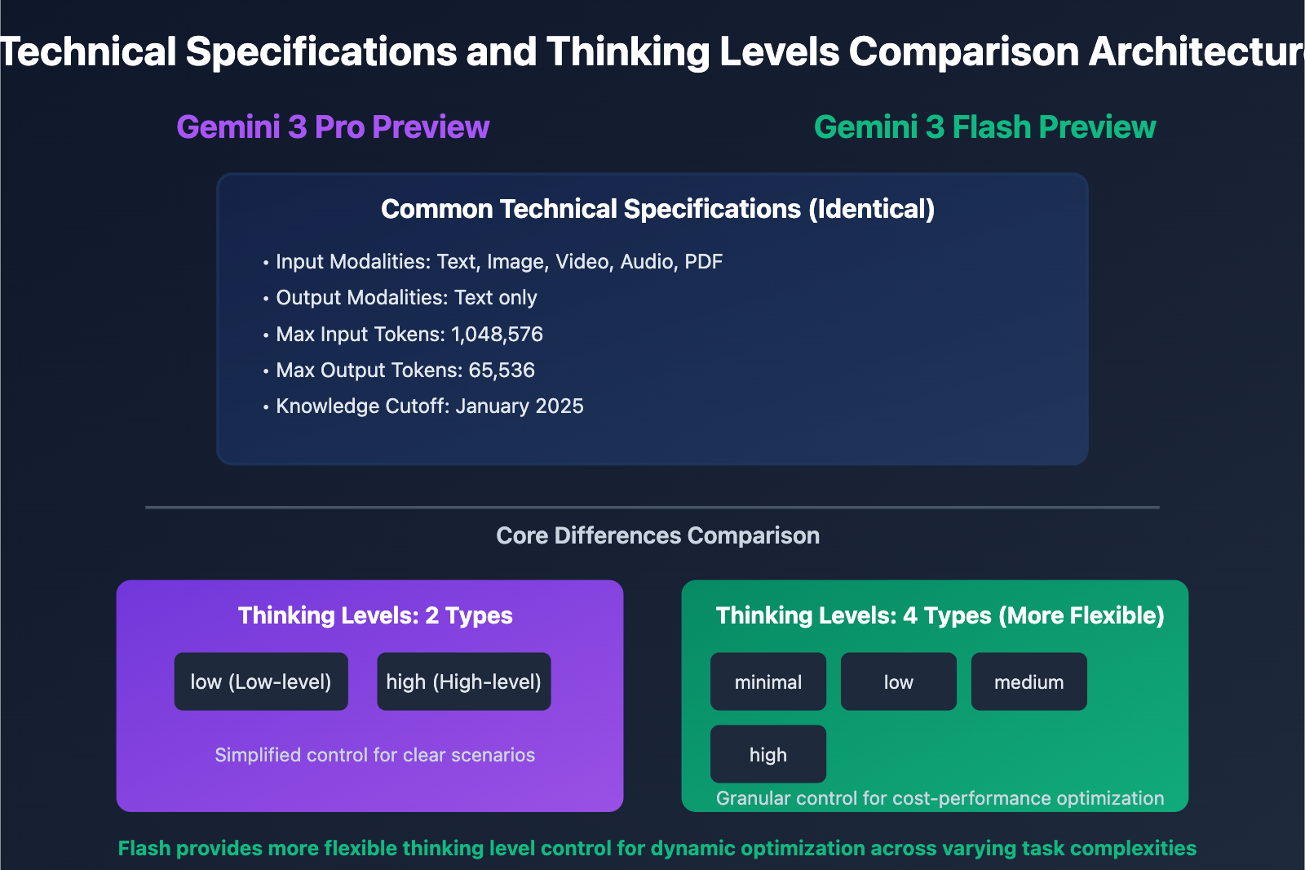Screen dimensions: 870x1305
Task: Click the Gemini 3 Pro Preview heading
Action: click(x=333, y=127)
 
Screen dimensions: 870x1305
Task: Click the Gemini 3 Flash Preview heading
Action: click(x=984, y=127)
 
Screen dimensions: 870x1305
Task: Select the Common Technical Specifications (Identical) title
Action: click(x=657, y=209)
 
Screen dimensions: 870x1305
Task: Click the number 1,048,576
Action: click(x=497, y=335)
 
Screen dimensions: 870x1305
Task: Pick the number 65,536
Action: click(x=502, y=371)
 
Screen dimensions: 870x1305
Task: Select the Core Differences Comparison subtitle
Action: click(x=657, y=535)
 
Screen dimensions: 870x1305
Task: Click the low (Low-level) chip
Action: click(x=261, y=681)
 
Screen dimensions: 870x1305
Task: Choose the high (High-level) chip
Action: click(x=463, y=681)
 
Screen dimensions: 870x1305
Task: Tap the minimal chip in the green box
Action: click(x=768, y=682)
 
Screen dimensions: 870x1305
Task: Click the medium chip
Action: click(x=1029, y=682)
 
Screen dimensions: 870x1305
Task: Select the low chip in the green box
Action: click(x=898, y=682)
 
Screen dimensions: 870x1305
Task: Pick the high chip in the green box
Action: click(x=768, y=755)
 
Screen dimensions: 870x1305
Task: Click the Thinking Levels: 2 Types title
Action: click(x=375, y=615)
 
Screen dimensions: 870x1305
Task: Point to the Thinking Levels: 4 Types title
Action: click(x=940, y=615)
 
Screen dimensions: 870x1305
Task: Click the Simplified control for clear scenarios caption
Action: click(x=374, y=755)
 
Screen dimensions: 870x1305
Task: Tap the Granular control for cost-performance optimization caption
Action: click(x=940, y=798)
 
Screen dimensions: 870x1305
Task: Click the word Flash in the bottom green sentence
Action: click(x=144, y=849)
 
